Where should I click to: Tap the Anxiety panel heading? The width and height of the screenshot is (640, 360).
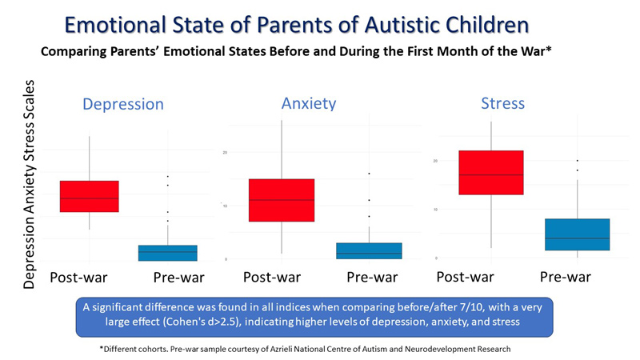308,103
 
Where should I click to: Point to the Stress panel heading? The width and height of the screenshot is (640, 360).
502,103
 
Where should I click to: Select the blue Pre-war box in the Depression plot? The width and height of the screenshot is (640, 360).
167,253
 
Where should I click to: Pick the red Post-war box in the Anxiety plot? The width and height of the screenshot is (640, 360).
282,200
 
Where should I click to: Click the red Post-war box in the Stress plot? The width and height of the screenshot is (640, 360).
490,172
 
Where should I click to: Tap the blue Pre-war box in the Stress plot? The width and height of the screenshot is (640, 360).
577,234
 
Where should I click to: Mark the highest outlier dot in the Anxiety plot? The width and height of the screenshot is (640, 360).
369,174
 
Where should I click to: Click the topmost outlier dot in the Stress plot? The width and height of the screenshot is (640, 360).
577,161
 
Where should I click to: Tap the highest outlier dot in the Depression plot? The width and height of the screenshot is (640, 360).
167,177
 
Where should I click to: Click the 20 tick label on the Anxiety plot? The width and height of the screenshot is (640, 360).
225,152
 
